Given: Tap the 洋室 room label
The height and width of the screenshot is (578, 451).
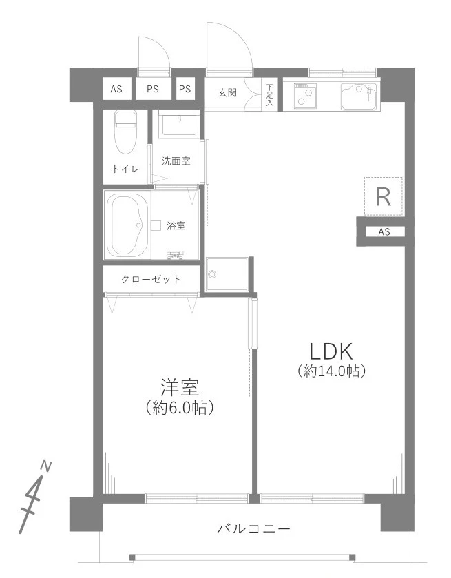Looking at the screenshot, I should (x=179, y=386).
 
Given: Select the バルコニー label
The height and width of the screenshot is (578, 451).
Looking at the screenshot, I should (x=253, y=529).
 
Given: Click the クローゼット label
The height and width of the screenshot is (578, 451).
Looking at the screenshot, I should (x=151, y=279).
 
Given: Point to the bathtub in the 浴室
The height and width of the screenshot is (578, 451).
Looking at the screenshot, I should (x=127, y=225).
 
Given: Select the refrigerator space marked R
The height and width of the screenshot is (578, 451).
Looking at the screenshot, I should (x=383, y=197).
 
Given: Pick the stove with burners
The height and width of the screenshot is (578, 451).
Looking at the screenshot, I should (x=304, y=96).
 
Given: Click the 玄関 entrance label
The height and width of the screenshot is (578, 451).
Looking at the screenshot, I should (x=228, y=92).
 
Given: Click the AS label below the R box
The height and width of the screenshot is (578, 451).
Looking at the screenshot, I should (x=384, y=232).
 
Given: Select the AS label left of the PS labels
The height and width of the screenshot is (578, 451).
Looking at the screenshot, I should (x=117, y=88).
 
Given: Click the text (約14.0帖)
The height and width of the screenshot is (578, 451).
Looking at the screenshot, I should (x=331, y=371).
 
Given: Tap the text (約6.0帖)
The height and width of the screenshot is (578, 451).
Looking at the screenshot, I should (x=179, y=407).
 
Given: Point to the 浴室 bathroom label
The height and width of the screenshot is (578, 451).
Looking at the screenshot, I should (x=176, y=225).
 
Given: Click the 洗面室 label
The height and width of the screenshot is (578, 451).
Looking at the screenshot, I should (x=176, y=161).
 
